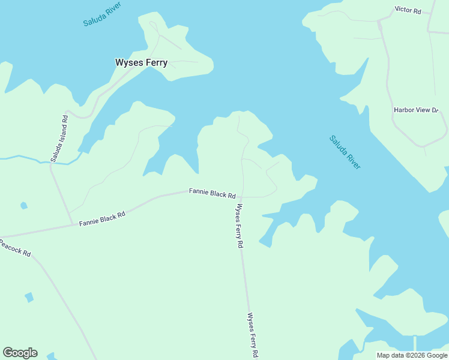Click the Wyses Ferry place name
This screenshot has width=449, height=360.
click(141, 62)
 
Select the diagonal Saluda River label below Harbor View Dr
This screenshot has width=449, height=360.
click(345, 152)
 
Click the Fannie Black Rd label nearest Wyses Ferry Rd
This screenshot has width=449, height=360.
click(212, 193)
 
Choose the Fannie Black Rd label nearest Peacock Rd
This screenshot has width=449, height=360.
click(102, 219)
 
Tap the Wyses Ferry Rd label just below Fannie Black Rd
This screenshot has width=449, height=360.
click(240, 226)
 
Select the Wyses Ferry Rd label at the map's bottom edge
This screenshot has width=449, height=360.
click(253, 335)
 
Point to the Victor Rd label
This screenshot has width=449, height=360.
click(408, 10)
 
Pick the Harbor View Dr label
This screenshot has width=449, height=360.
click(417, 110)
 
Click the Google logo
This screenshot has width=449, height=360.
click(20, 353)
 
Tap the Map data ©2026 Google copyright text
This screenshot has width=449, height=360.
click(412, 355)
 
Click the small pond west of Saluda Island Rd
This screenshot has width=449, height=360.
click(23, 206)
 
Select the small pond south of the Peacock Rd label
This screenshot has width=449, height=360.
click(29, 297)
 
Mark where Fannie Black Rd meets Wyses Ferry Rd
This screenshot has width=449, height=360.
click(241, 197)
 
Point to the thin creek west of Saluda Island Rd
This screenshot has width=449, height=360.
click(24, 158)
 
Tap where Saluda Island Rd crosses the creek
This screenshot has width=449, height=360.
click(51, 162)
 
